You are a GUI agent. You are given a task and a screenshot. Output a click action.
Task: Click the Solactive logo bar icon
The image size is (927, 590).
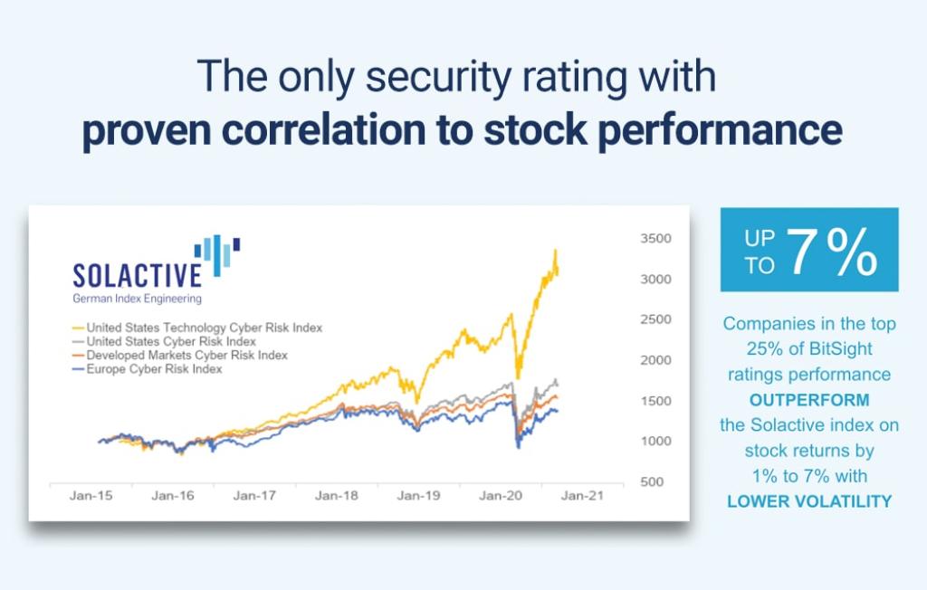pyautogui.click(x=217, y=253)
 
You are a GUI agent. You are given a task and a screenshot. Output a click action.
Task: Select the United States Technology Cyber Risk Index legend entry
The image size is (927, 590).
pyautogui.click(x=204, y=327)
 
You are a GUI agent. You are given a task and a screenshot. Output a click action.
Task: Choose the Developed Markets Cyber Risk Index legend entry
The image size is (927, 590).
pyautogui.click(x=186, y=355)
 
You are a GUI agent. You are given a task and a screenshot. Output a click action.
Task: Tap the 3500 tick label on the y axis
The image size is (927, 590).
pyautogui.click(x=656, y=239)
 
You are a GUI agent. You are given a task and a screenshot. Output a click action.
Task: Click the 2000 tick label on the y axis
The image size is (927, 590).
pyautogui.click(x=656, y=360)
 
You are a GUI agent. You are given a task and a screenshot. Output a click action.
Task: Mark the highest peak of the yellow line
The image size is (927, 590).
pyautogui.click(x=555, y=251)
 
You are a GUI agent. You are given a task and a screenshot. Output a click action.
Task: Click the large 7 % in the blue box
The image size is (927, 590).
pyautogui.click(x=831, y=252)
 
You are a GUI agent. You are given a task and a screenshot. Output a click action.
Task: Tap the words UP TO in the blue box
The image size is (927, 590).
pyautogui.click(x=760, y=252)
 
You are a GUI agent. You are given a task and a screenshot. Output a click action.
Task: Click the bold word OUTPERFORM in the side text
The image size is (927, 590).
pyautogui.click(x=809, y=399)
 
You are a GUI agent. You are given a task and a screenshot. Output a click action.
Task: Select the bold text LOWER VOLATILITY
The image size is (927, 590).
pyautogui.click(x=809, y=500)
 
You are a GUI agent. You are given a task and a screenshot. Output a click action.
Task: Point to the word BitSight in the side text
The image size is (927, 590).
pyautogui.click(x=838, y=348)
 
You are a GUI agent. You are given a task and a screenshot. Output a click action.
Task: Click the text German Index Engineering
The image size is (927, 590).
pyautogui.click(x=137, y=298)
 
